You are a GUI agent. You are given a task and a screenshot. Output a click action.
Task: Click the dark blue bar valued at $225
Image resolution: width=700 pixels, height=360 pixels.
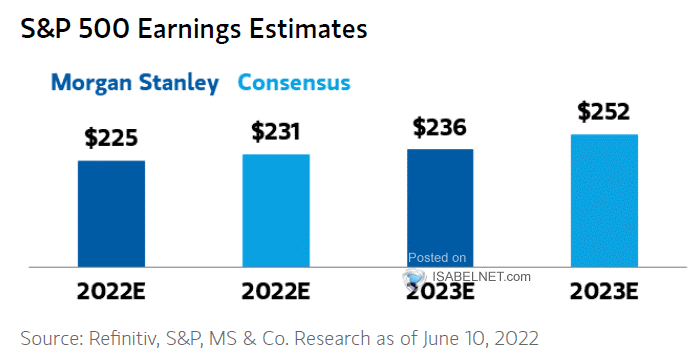pyautogui.click(x=112, y=213)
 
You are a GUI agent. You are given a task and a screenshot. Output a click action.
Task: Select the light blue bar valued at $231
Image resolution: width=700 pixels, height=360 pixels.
pyautogui.click(x=275, y=210)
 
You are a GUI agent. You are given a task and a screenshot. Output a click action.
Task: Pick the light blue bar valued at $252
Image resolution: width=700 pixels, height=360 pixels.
pyautogui.click(x=604, y=200)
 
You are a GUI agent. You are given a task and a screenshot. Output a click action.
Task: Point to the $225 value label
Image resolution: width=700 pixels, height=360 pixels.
pyautogui.click(x=112, y=136)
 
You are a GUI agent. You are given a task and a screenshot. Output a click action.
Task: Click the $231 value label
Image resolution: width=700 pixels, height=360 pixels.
pyautogui.click(x=275, y=130)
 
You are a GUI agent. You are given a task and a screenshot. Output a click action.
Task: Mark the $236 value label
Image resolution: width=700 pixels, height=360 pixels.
pyautogui.click(x=440, y=126)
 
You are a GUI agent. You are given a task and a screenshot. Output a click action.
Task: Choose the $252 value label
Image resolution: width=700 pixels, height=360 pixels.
pyautogui.click(x=604, y=111)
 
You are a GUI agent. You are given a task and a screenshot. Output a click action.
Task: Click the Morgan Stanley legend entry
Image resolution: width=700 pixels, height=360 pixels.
pyautogui.click(x=135, y=83)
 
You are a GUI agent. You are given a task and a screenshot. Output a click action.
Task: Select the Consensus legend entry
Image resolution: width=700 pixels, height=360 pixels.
pyautogui.click(x=294, y=83)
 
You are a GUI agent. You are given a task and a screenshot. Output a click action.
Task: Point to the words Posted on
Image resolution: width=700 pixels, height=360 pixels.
pyautogui.click(x=438, y=258)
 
